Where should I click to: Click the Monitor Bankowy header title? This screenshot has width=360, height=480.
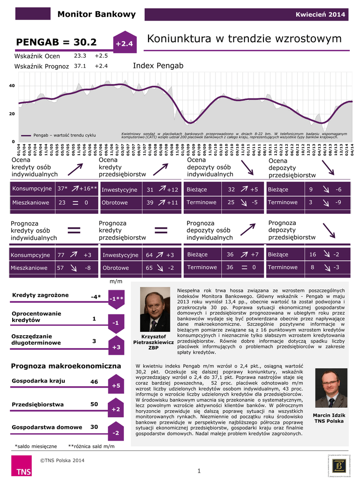(96, 14)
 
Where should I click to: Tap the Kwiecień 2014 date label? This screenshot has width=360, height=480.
(320, 15)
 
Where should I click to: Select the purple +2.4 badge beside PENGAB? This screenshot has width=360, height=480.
(124, 44)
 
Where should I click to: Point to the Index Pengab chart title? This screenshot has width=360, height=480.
(158, 66)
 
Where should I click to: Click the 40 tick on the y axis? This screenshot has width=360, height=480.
(12, 86)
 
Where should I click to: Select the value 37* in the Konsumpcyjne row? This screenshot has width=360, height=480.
(62, 189)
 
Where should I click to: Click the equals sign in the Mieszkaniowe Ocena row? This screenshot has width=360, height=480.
(75, 202)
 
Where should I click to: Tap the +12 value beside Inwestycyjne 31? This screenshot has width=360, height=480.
(172, 190)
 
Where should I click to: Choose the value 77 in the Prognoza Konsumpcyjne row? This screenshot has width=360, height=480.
(61, 255)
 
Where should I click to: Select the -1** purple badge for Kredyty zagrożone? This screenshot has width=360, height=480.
(116, 299)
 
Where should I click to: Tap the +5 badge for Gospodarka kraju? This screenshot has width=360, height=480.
(116, 385)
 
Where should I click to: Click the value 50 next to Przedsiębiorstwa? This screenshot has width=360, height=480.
(94, 404)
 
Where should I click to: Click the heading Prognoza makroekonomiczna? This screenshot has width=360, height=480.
(66, 366)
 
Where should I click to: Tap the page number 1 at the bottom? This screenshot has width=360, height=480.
(199, 471)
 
